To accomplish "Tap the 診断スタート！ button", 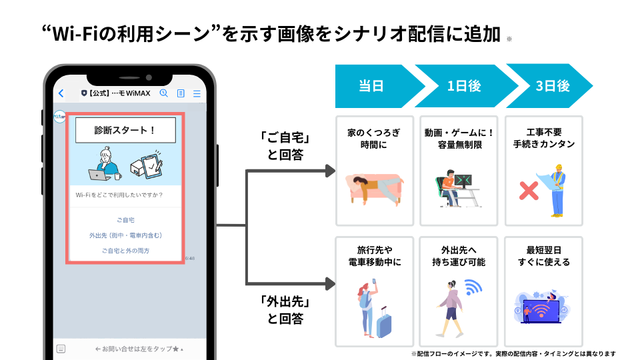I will coord(125,130).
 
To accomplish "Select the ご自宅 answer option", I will coord(125,219).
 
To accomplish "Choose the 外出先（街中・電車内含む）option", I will coord(125,235).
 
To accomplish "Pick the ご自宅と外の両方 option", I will coord(125,251).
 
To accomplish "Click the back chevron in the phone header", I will coord(61,94).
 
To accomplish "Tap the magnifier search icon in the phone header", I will coord(164,94).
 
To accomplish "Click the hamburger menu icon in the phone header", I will coord(197,94).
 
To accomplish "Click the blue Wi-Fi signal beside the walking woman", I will coord(473,288).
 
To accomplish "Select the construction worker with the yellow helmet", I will coord(557,190).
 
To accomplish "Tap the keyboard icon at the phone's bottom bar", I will coord(61,349).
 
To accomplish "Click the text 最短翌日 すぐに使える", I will coord(544,256).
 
